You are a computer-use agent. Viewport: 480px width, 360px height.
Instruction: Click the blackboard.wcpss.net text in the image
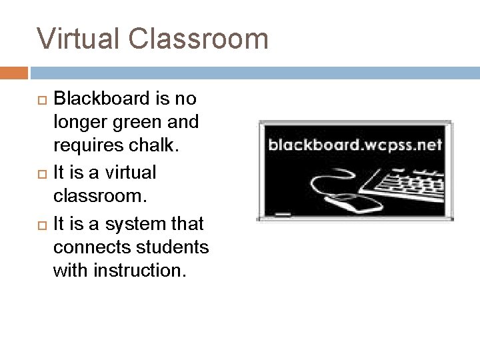pyautogui.click(x=355, y=145)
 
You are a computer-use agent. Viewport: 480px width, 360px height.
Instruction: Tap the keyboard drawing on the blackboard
pyautogui.click(x=404, y=185)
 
